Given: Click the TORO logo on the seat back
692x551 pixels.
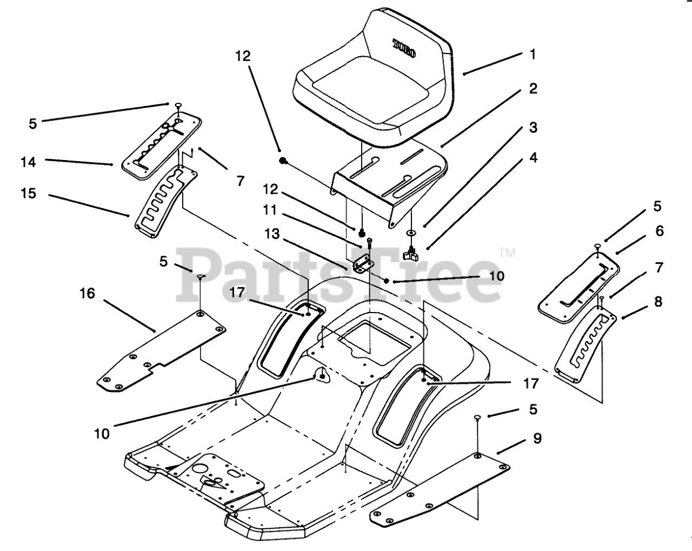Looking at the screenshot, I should point(404,48).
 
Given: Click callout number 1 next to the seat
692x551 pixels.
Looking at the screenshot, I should point(533,55).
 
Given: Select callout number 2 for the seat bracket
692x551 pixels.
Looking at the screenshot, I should point(533,89).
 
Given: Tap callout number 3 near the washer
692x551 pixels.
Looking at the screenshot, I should point(533,128).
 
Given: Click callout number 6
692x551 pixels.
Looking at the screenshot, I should point(658,231).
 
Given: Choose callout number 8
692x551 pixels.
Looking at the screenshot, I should point(658,301).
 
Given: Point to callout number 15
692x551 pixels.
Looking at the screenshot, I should point(28,193).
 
